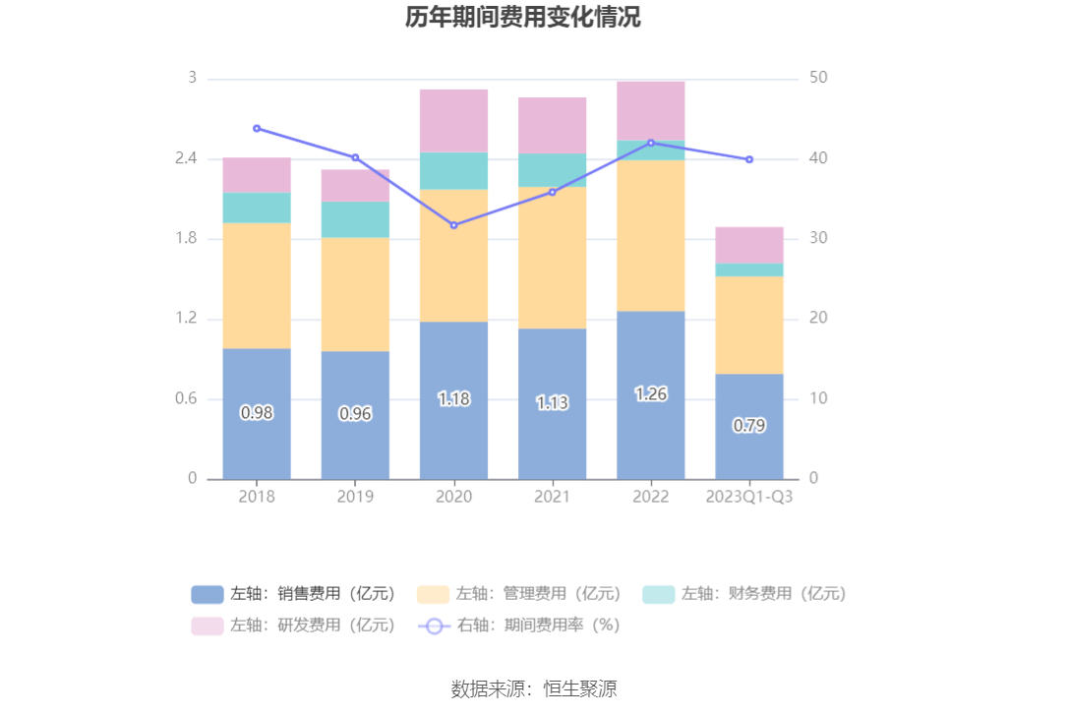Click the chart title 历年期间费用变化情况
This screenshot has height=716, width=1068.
pyautogui.click(x=523, y=18)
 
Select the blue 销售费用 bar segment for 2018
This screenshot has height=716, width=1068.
pyautogui.click(x=257, y=443)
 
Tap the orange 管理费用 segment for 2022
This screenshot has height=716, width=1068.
pyautogui.click(x=650, y=236)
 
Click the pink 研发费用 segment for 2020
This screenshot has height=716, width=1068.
pyautogui.click(x=453, y=121)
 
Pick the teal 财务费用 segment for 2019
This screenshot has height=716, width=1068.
pyautogui.click(x=355, y=219)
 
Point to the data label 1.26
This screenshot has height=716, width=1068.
pyautogui.click(x=651, y=393)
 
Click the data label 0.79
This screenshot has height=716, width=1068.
pyautogui.click(x=749, y=425)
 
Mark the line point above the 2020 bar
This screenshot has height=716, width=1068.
pyautogui.click(x=453, y=225)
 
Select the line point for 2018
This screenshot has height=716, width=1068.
pyautogui.click(x=257, y=128)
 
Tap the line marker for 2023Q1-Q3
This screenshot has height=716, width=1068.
pyautogui.click(x=749, y=159)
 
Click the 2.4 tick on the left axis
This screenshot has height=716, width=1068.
pyautogui.click(x=186, y=158)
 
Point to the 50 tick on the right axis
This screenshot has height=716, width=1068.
pyautogui.click(x=818, y=78)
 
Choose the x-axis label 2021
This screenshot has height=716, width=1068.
pyautogui.click(x=552, y=497)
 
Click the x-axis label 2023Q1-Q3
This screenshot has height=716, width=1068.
pyautogui.click(x=749, y=497)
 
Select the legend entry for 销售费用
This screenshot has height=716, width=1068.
pyautogui.click(x=293, y=593)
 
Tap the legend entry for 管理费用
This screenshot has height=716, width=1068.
pyautogui.click(x=518, y=593)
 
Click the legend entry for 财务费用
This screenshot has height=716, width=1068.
pyautogui.click(x=743, y=593)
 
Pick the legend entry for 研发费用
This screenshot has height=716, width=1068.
pyautogui.click(x=293, y=625)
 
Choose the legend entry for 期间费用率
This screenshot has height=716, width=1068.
pyautogui.click(x=518, y=625)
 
